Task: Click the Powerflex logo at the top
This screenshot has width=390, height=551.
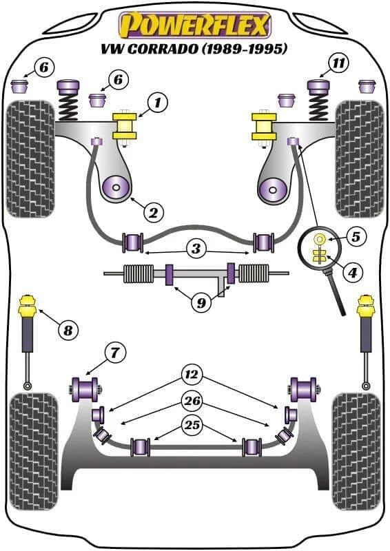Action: (195, 25)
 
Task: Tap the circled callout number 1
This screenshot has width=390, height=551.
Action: (157, 103)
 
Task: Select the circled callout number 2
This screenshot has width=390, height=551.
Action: (154, 212)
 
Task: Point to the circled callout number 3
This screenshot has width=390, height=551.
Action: (196, 249)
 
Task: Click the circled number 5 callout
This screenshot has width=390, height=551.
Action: (356, 236)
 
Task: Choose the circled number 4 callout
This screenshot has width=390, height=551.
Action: (353, 271)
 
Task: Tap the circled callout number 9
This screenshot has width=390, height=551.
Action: (201, 302)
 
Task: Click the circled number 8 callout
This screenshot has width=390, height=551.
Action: (68, 330)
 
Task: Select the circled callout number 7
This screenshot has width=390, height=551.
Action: (114, 353)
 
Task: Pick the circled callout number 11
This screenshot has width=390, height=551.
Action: (338, 63)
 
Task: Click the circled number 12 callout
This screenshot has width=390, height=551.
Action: (192, 375)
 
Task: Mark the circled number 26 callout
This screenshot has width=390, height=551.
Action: (192, 401)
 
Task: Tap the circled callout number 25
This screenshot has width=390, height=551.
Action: (192, 425)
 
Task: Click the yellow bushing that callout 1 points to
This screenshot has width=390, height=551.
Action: (125, 127)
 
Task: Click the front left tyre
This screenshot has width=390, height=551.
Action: (31, 159)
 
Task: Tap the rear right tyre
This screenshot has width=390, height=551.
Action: (357, 452)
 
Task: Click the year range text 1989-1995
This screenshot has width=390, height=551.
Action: (245, 49)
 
